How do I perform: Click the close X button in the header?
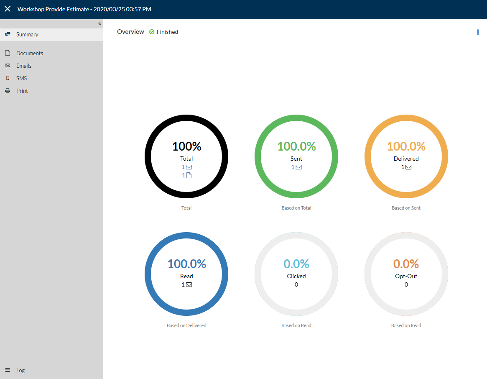tap(8, 9)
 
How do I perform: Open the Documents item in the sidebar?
tap(30, 53)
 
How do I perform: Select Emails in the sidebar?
tap(24, 66)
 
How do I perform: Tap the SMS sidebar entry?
tap(21, 78)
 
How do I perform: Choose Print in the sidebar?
tap(22, 91)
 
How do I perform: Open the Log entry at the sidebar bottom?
tap(20, 370)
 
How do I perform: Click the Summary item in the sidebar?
tap(27, 34)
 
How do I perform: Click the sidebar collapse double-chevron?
tap(99, 23)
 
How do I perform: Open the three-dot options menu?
tap(478, 32)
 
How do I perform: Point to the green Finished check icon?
tap(152, 32)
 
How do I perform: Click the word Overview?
tap(130, 32)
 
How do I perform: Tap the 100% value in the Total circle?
tap(187, 146)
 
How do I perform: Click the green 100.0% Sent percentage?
tap(297, 146)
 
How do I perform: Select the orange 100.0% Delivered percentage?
tap(406, 146)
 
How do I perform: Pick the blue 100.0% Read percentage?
tap(187, 264)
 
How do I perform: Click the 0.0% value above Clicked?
tap(296, 264)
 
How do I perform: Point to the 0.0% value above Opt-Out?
tap(406, 264)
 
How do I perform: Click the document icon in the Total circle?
tap(189, 175)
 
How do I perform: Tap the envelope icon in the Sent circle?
tap(299, 167)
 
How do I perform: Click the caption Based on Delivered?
tap(186, 325)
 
